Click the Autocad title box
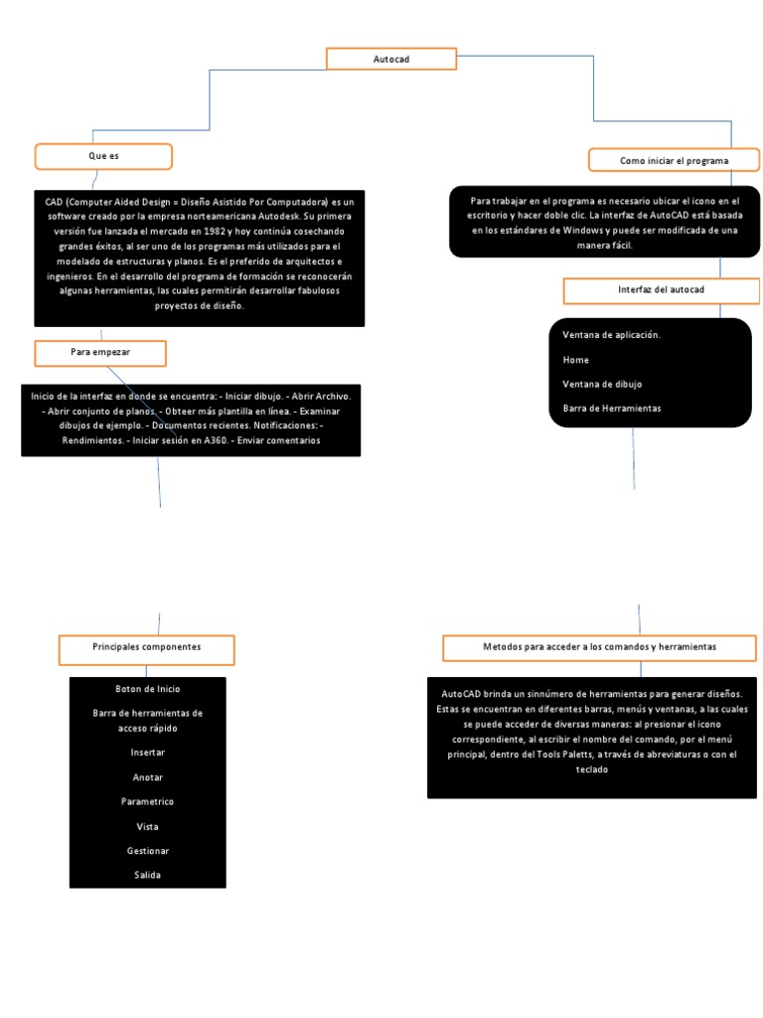(391, 60)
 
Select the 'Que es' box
(103, 157)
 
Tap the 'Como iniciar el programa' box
(674, 160)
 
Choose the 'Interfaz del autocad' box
(661, 289)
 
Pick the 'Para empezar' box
(100, 353)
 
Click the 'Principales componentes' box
(146, 647)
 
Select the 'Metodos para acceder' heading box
(599, 647)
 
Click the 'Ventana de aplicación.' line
(611, 335)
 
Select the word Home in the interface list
(575, 360)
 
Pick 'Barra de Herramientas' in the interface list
(611, 408)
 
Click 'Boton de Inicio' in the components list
(148, 688)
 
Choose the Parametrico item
(148, 801)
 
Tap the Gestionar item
(148, 851)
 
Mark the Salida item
(148, 875)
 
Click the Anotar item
(148, 777)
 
